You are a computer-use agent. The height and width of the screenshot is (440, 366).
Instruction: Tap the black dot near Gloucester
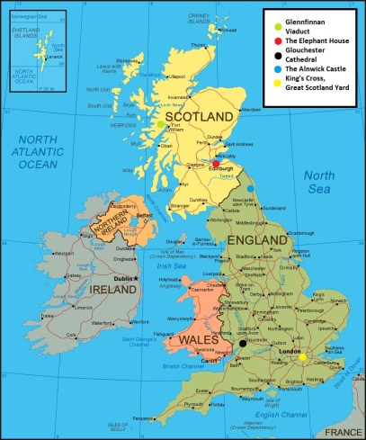242,343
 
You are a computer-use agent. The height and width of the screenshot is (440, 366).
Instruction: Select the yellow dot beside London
303,356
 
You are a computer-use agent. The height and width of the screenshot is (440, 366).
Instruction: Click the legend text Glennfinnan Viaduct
310,22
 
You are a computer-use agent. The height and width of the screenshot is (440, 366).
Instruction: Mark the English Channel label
261,413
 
